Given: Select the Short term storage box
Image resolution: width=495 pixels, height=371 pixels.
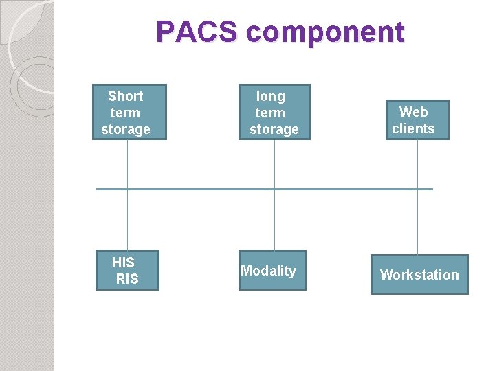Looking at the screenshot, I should point(129,112).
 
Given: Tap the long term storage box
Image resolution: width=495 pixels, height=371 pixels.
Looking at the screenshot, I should point(274,112).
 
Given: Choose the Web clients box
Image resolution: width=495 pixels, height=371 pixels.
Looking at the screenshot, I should point(417,120).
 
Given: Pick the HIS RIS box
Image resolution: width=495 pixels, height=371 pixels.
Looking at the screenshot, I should point(127,270).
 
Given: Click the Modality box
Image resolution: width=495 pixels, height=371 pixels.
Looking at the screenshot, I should point(272,270).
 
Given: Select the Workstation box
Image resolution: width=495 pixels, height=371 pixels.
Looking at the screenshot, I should point(419,274).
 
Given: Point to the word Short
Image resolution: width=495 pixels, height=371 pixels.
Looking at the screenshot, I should point(126,96).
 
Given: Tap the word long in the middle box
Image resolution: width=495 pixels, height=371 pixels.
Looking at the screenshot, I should point(270,96).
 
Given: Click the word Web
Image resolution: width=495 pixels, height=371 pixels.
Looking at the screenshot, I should point(413,111).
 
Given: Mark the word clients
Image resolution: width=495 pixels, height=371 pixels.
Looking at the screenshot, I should point(413,128).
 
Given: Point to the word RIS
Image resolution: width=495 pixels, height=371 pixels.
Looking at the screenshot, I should point(127,279).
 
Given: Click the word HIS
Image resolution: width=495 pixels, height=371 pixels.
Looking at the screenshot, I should point(123,262).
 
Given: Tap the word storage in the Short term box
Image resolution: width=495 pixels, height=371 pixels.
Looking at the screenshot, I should point(126,129).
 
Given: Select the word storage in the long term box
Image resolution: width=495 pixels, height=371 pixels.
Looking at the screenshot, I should point(274,129).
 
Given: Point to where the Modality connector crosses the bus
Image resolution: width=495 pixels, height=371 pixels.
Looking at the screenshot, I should point(274,188).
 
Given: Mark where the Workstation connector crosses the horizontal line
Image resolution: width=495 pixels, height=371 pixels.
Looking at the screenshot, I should point(417,188).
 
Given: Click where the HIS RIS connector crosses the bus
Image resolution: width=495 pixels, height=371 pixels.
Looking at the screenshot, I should point(127,188).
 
